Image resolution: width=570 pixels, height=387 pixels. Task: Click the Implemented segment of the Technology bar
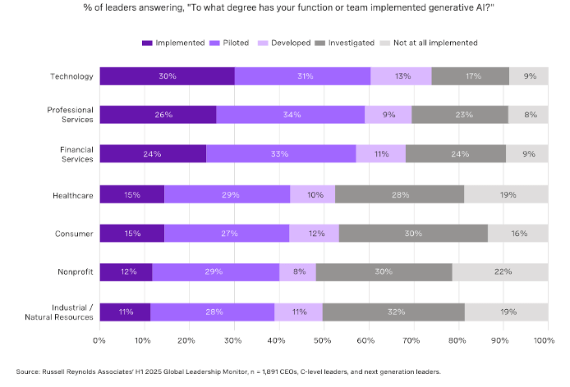pyautogui.click(x=167, y=77)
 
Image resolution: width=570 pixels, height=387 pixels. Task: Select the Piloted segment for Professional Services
pyautogui.click(x=290, y=115)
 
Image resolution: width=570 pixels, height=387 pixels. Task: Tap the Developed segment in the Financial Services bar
pyautogui.click(x=380, y=153)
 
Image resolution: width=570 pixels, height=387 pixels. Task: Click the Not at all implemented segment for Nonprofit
pyautogui.click(x=499, y=271)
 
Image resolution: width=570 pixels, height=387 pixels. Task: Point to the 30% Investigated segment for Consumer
pyautogui.click(x=413, y=233)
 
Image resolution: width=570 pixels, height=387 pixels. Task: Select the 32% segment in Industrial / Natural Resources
pyautogui.click(x=393, y=312)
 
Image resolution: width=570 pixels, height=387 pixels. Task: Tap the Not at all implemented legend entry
pyautogui.click(x=436, y=42)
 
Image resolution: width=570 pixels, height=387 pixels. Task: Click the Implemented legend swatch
pyautogui.click(x=148, y=42)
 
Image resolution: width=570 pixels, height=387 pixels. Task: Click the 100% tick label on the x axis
pyautogui.click(x=542, y=339)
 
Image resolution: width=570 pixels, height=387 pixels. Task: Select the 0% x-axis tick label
pyautogui.click(x=100, y=339)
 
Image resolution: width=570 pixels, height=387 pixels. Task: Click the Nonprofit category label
pyautogui.click(x=73, y=271)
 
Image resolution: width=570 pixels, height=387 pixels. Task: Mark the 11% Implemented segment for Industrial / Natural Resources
pyautogui.click(x=125, y=312)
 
